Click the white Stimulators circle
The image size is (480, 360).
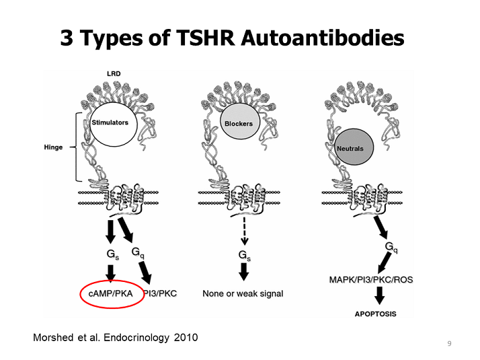point(113,124)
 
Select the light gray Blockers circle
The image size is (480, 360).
point(240,121)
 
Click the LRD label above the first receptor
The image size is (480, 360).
point(114,74)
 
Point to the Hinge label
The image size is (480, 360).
point(53,147)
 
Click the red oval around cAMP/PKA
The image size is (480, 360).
point(112,293)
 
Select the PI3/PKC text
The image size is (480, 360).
point(160,293)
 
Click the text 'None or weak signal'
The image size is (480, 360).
point(243,293)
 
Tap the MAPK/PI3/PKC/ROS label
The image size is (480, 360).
point(371,280)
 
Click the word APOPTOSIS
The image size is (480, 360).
point(376,314)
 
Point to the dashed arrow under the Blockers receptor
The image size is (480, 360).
point(244,231)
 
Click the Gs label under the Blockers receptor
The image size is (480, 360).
point(244,256)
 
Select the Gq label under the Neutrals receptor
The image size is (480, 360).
point(391,247)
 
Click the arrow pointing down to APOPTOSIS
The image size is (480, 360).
point(379,295)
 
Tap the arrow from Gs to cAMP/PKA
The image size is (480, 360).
point(110,273)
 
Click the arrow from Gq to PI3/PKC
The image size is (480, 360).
point(145,272)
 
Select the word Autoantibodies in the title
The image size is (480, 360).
point(323,38)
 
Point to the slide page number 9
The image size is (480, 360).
point(449,343)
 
